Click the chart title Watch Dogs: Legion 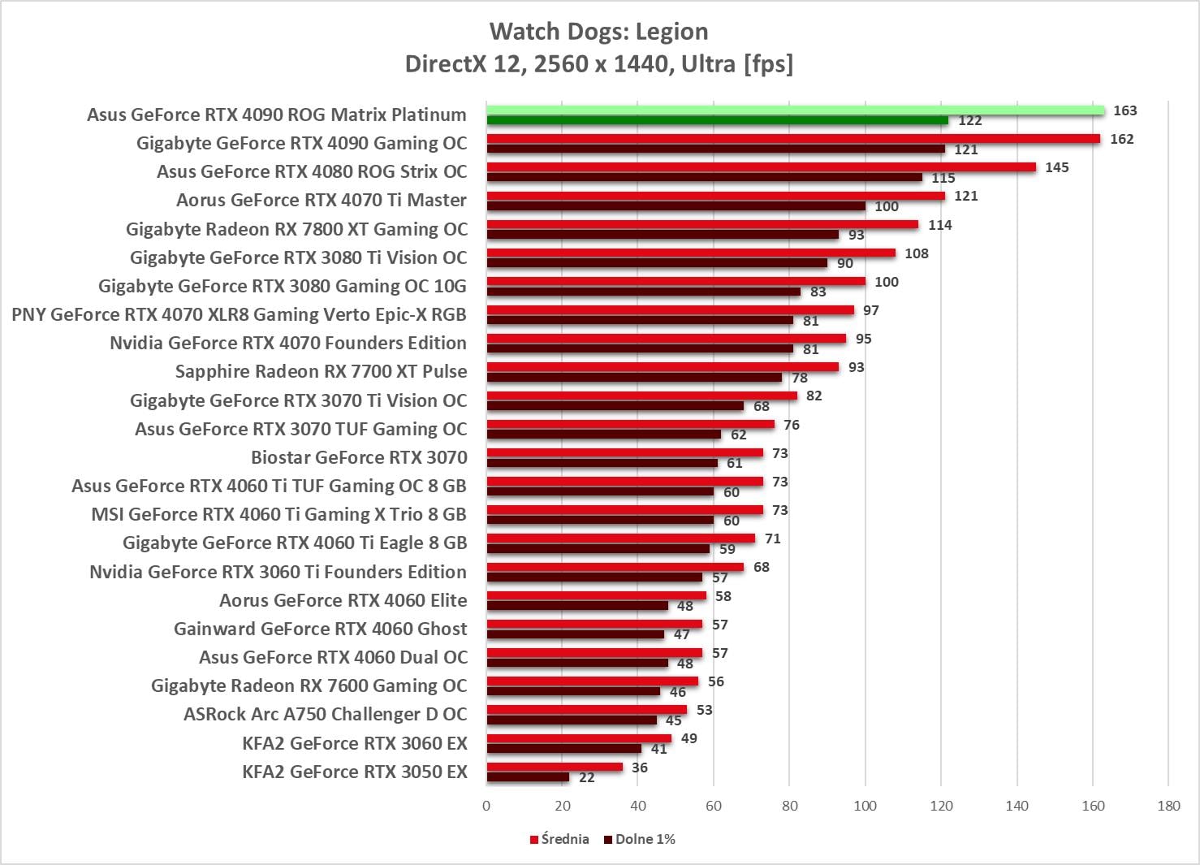coord(598,32)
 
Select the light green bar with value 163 coord(795,110)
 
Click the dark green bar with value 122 coord(717,121)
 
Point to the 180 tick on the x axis coord(1168,806)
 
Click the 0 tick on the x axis coord(486,806)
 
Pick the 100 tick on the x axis coord(865,806)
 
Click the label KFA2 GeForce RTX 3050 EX coord(355,772)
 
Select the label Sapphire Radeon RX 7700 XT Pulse coord(322,372)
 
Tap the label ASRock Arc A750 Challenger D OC coord(326,715)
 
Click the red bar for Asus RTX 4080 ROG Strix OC coord(761,167)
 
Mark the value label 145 coord(1056,167)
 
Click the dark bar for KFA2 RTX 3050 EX coord(528,777)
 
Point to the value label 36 coord(639,768)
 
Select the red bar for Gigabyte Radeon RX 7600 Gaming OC coord(592,681)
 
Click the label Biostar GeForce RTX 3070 coord(359,457)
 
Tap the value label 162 coord(1121,139)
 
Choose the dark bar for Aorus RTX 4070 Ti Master coord(676,206)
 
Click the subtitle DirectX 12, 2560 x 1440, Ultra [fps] coord(598,63)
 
